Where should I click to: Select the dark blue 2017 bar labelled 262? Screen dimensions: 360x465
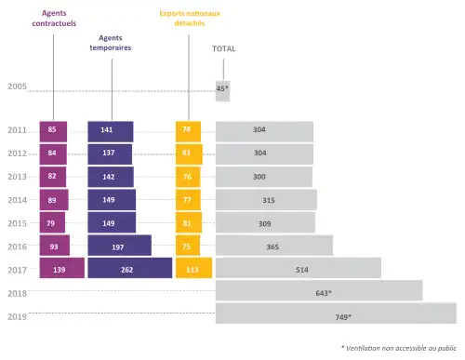[x=129, y=268]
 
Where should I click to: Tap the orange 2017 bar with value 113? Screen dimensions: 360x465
[x=193, y=268]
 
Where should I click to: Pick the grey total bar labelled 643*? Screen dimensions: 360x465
[x=318, y=292]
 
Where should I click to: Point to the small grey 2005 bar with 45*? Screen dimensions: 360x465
[x=222, y=89]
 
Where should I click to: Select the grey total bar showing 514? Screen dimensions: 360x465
[x=298, y=268]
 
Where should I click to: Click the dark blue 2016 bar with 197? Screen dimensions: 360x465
[x=119, y=246]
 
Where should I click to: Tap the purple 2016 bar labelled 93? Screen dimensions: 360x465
[x=54, y=246]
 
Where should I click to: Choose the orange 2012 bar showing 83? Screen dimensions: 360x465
[x=188, y=153]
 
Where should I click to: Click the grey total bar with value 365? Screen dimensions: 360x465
[x=273, y=246]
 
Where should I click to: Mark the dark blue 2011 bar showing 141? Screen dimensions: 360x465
[x=110, y=130]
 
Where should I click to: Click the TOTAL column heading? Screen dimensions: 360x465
[x=223, y=47]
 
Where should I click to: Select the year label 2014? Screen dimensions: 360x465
[x=17, y=199]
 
